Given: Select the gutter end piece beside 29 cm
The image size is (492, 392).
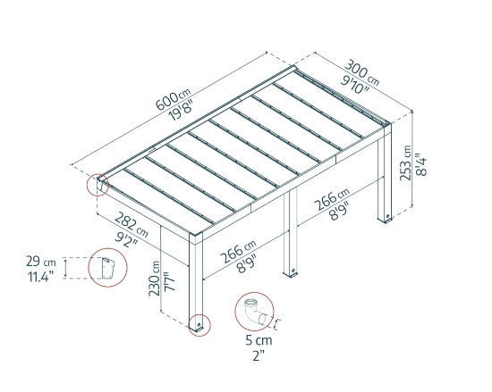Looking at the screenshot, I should click(107, 268).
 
